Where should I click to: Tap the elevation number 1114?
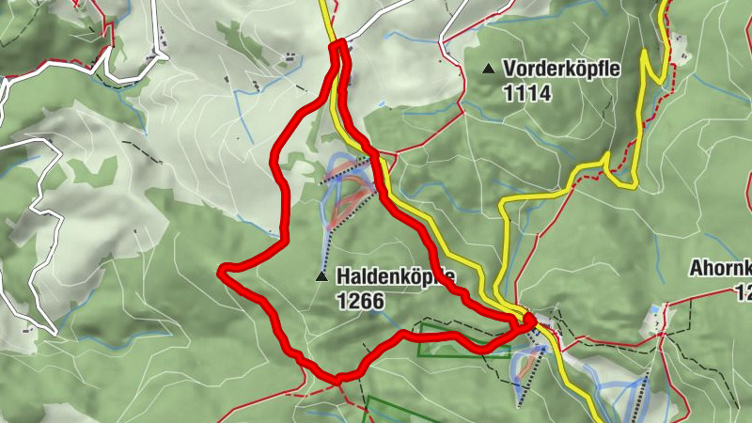tap(527, 94)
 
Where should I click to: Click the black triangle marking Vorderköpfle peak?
tap(488, 69)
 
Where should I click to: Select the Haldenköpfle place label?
tap(395, 276)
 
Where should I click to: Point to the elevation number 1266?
tap(359, 301)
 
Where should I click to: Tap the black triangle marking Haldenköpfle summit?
tap(321, 276)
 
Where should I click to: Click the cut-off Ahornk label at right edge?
tap(720, 269)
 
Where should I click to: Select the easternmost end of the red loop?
tap(531, 321)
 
